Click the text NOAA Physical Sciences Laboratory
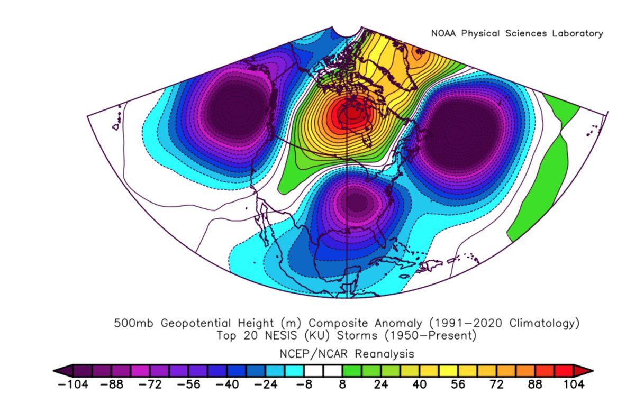tap(517, 33)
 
